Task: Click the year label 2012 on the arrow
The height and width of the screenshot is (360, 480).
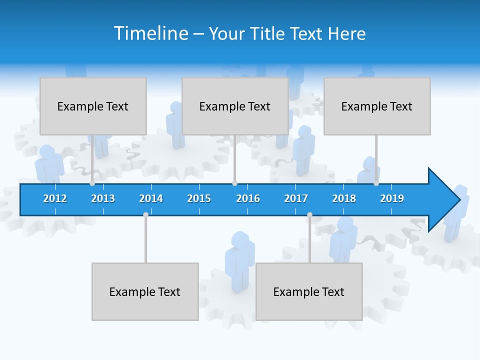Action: click(55, 198)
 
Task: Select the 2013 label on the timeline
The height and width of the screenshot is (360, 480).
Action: click(103, 198)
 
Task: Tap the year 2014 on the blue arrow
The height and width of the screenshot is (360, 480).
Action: click(151, 198)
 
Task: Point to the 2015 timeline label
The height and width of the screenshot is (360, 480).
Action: click(199, 198)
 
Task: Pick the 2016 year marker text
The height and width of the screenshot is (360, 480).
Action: click(248, 198)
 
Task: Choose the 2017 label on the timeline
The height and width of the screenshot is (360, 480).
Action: click(296, 198)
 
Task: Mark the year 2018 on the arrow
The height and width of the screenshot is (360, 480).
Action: click(344, 198)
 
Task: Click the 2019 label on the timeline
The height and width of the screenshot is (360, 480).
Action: click(392, 198)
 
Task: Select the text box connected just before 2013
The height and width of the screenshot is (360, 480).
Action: click(93, 106)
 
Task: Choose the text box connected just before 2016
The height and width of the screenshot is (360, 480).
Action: click(235, 106)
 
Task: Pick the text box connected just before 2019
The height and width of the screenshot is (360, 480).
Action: click(377, 106)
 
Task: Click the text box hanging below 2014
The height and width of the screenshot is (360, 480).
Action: click(145, 291)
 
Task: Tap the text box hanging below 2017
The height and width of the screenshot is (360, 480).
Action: click(309, 291)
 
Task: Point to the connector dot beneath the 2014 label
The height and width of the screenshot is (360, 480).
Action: click(145, 214)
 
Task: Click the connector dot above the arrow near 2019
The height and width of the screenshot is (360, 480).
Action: click(376, 183)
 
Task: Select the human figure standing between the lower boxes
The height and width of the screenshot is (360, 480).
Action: click(239, 260)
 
